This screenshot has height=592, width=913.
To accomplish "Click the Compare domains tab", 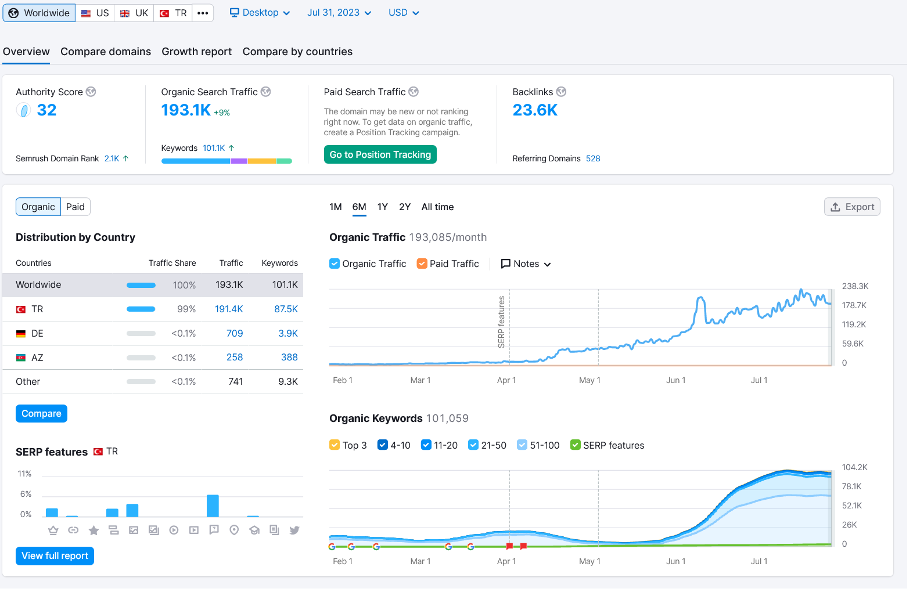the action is click(106, 52).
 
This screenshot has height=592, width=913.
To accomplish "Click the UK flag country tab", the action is click(135, 13).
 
